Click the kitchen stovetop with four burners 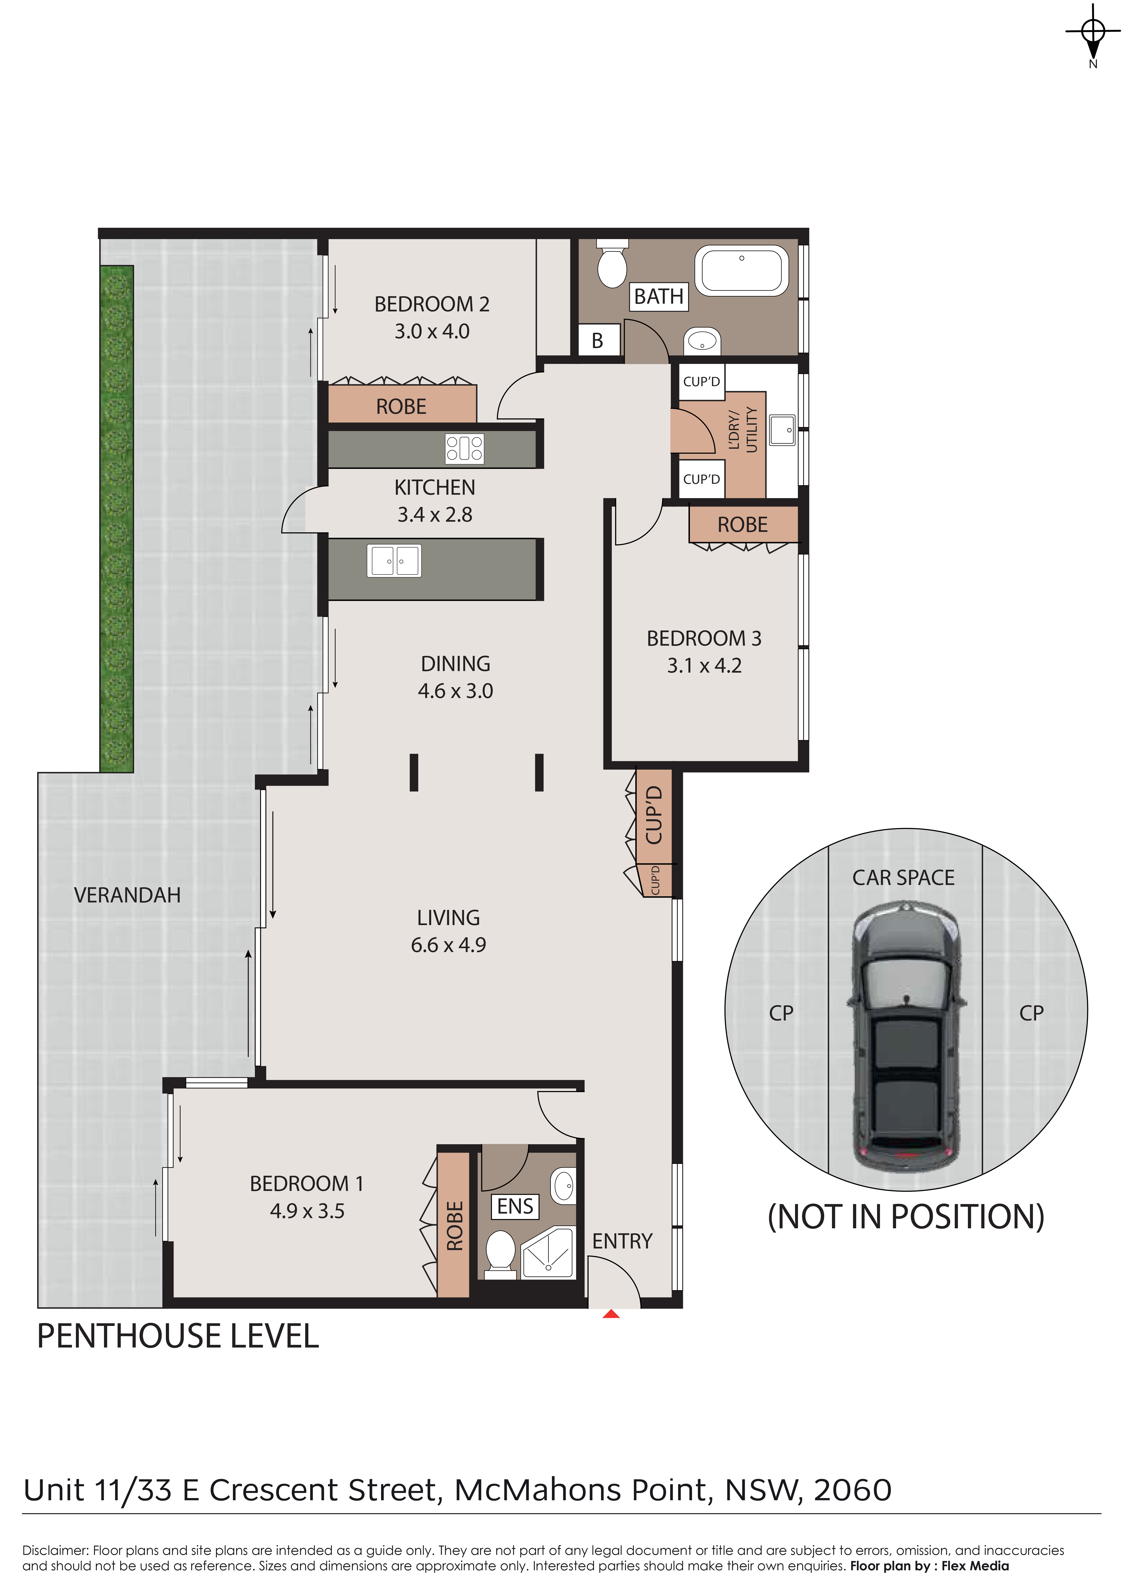pyautogui.click(x=464, y=448)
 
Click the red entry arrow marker pyautogui.click(x=611, y=1313)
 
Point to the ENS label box pyautogui.click(x=515, y=1206)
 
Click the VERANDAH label pyautogui.click(x=127, y=895)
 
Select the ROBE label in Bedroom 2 pyautogui.click(x=401, y=407)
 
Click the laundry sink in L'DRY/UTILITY pyautogui.click(x=782, y=429)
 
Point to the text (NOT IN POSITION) pyautogui.click(x=906, y=1217)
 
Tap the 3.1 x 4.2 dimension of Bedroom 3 pyautogui.click(x=704, y=666)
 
